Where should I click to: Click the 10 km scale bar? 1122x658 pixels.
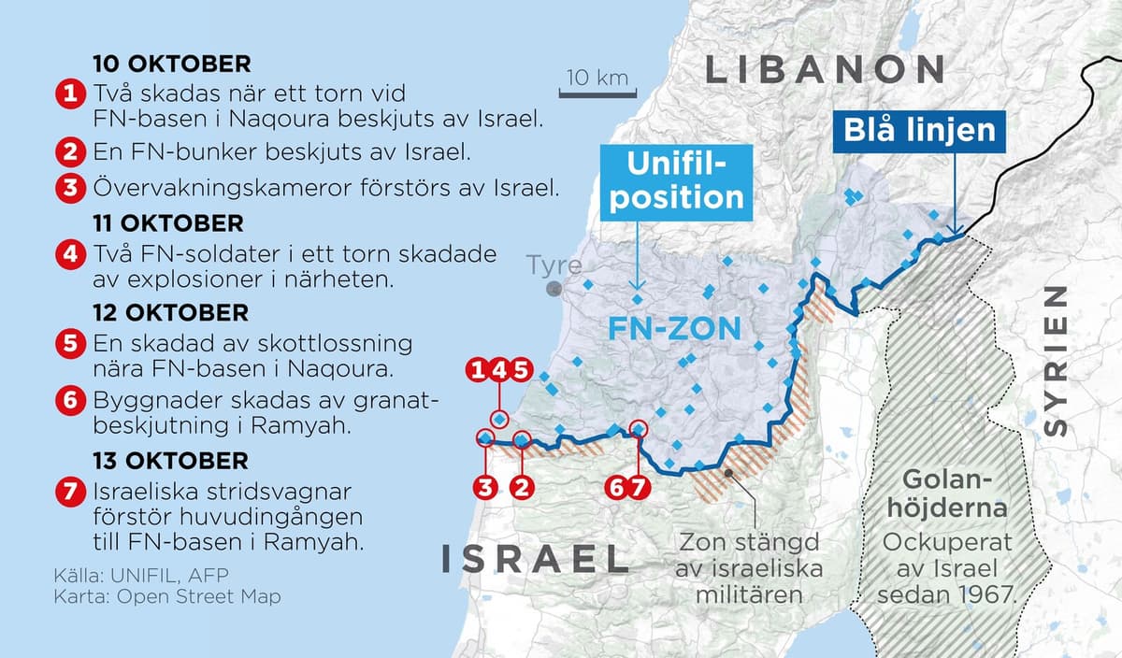coord(594,92)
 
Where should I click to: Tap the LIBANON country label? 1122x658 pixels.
coord(825,69)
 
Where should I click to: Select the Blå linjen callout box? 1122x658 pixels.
coord(921,131)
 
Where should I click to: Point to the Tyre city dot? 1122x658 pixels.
coord(554,290)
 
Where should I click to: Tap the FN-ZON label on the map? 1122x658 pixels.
coord(674,329)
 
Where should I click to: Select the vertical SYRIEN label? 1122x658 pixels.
coord(1054,362)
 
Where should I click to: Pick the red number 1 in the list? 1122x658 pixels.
coord(69,94)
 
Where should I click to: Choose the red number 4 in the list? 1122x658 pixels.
coord(69,254)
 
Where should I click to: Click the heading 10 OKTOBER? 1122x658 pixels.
coord(172,64)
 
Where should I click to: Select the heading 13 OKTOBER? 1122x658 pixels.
coord(171,461)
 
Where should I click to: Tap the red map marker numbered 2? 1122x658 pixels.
coord(524,485)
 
